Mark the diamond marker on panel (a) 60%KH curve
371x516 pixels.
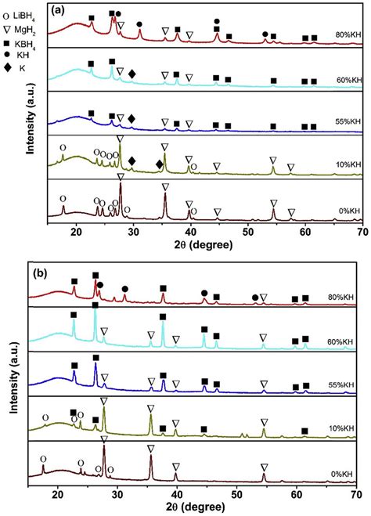[x=132, y=74]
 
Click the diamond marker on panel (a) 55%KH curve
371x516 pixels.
[x=131, y=117]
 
